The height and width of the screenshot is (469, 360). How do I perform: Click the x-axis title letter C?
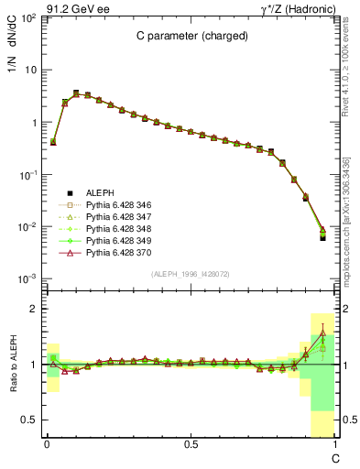pos(334,456)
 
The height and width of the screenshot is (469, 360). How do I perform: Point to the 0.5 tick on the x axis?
pos(191,444)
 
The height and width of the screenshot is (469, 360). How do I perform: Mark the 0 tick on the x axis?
pos(46,444)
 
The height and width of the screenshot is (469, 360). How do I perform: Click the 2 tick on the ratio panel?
pos(36,310)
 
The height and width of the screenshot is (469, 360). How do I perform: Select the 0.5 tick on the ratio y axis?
pos(32,420)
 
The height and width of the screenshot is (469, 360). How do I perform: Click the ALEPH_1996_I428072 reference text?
pos(190,275)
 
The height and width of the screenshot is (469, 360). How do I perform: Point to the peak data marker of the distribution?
pos(76,93)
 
